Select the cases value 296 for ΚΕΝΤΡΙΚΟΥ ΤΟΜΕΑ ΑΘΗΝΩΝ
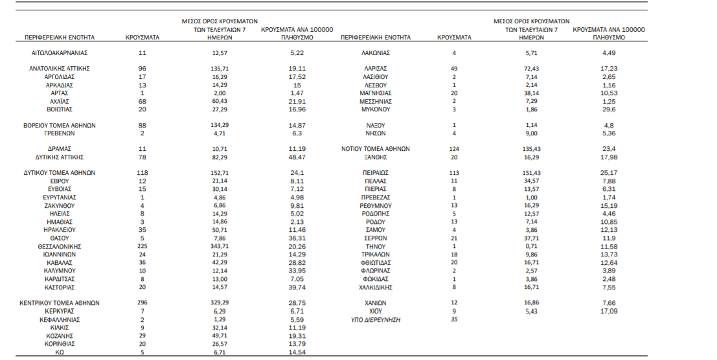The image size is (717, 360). point(143,302)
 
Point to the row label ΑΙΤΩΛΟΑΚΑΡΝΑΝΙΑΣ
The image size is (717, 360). point(59,52)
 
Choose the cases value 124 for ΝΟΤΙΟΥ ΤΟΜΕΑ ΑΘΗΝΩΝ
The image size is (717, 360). point(454,149)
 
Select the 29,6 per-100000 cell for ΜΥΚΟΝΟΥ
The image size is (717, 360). point(609,109)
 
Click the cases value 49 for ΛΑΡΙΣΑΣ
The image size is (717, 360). point(454,68)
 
